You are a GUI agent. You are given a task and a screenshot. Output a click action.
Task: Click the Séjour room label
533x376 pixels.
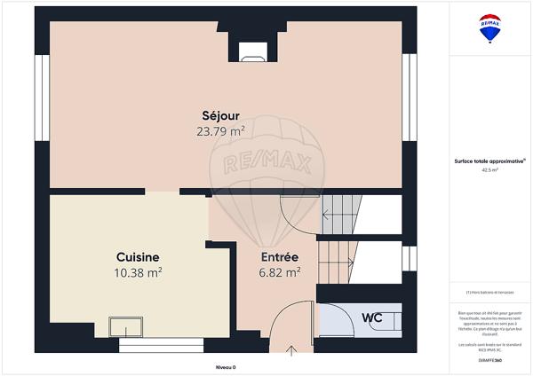pos(220,115)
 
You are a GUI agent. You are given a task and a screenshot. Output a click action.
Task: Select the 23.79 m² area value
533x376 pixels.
pos(220,131)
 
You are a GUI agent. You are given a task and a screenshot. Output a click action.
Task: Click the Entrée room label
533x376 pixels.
pos(279,256)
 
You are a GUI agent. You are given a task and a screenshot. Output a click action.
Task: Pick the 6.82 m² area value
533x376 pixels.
pos(279,272)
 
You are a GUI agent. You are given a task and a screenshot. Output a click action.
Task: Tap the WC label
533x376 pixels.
pos(371,317)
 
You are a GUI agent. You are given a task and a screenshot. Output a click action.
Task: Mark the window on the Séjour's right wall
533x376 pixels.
pos(409,98)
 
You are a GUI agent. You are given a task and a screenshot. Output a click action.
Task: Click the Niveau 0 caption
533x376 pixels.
pos(227,366)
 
